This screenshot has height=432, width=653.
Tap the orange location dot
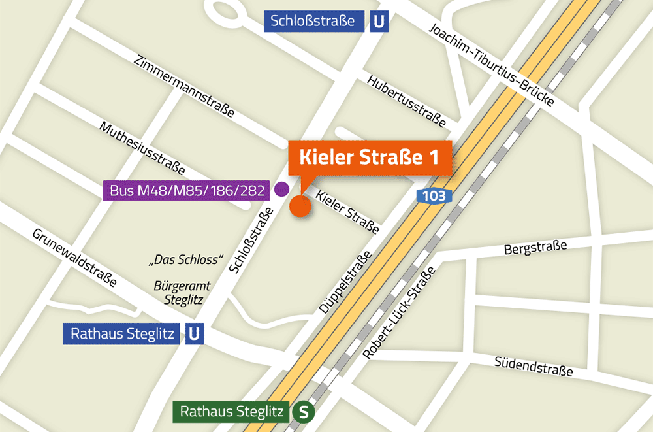[300, 206]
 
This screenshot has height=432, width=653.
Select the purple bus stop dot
[281, 190]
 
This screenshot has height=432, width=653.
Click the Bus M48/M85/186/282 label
[185, 191]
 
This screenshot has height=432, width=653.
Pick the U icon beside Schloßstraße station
[379, 22]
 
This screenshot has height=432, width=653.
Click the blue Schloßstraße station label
[313, 22]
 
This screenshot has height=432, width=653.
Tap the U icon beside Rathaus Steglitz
[194, 335]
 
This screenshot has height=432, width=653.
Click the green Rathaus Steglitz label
[231, 412]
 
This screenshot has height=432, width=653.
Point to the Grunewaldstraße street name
[75, 258]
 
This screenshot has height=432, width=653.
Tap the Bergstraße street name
[535, 248]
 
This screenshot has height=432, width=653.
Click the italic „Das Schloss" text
[187, 259]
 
